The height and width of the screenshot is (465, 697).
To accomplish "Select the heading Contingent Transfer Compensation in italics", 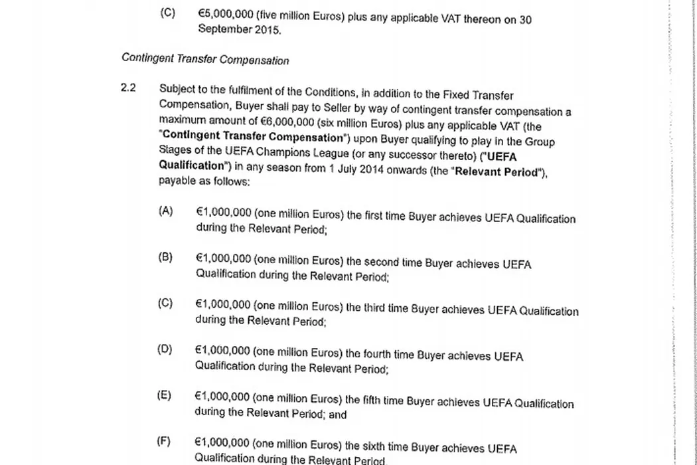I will click(205, 59).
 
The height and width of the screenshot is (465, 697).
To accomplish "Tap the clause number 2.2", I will click(128, 88).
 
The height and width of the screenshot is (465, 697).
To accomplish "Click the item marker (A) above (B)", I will click(165, 211).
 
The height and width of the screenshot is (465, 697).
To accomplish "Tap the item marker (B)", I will click(165, 257).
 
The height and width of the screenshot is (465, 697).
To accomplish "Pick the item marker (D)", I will click(165, 349).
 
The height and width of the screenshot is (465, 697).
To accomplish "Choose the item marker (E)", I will click(164, 395).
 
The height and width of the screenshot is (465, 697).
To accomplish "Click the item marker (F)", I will click(164, 441).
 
